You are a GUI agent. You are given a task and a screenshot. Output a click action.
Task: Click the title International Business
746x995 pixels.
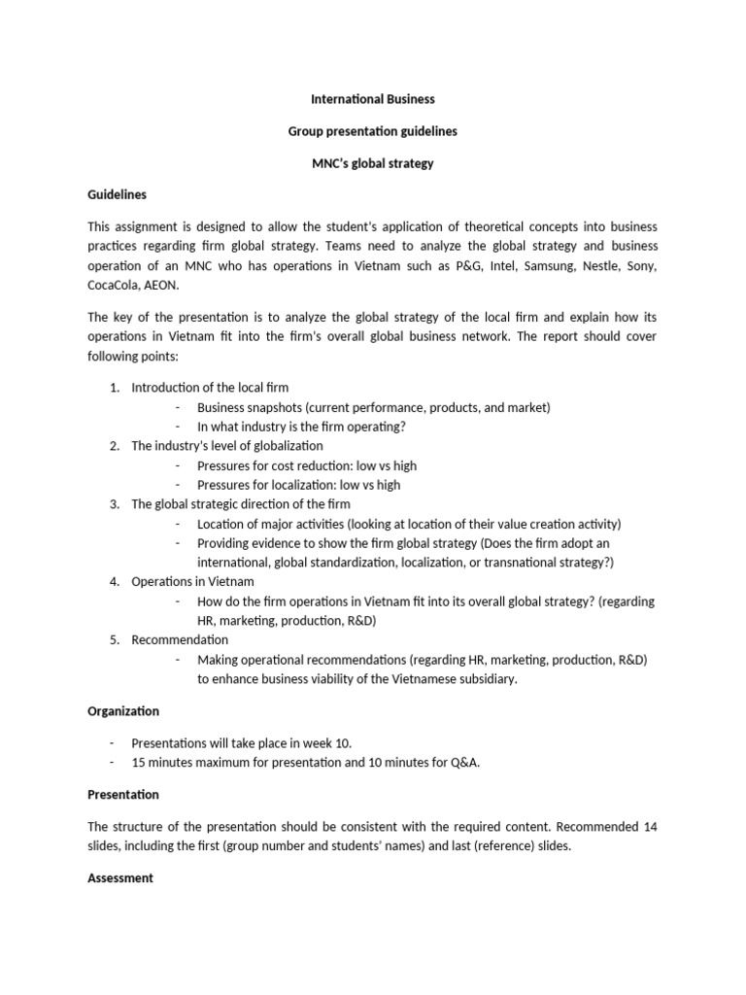tap(372, 99)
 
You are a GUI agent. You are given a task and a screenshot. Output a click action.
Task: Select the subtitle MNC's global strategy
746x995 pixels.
tap(372, 163)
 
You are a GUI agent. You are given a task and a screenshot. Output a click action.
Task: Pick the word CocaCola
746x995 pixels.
tap(114, 287)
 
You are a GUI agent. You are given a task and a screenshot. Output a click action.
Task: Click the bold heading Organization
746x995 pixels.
tap(123, 711)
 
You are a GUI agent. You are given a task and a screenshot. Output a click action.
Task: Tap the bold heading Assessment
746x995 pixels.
tap(120, 877)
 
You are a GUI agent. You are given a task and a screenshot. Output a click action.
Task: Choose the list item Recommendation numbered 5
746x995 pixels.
tap(180, 639)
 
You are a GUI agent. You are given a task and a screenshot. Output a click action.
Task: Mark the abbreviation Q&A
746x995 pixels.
tap(464, 762)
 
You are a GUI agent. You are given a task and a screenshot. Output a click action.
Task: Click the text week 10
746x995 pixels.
tap(319, 742)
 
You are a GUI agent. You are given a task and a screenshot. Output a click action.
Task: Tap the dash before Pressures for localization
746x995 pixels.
tap(180, 485)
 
